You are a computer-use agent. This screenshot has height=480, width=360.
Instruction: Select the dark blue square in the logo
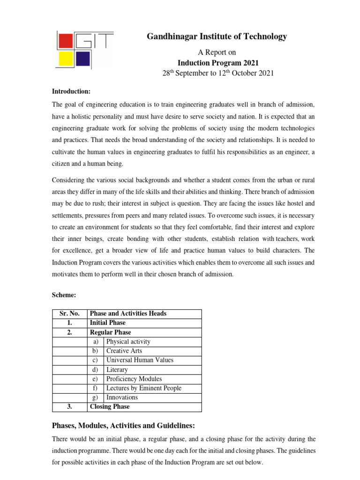[x=82, y=59]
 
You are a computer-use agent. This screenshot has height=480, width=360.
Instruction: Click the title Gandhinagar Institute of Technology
[x=217, y=37]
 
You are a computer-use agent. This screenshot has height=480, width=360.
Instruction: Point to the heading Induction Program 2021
[x=217, y=63]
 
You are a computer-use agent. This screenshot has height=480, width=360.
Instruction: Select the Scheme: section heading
[x=63, y=296]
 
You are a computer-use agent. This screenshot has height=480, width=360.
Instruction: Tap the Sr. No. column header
[x=69, y=314]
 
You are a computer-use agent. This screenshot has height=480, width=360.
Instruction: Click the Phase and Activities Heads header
[x=128, y=314]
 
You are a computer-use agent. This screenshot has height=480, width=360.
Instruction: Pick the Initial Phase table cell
[x=107, y=323]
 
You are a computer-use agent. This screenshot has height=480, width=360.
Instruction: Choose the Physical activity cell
[x=128, y=342]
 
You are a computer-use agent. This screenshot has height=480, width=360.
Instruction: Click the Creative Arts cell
[x=124, y=351]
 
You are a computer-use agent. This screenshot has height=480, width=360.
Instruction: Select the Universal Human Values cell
[x=140, y=360]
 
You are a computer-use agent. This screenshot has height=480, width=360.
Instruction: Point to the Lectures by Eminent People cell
[x=143, y=388]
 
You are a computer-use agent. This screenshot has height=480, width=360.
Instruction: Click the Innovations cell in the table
[x=122, y=397]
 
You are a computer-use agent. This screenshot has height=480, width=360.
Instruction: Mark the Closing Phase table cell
[x=109, y=407]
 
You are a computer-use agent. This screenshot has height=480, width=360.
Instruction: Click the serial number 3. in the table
[x=69, y=407]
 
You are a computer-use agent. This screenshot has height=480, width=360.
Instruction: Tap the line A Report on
[x=217, y=52]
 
